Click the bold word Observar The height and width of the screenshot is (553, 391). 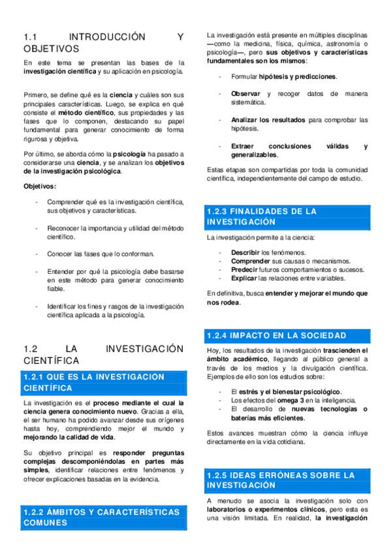click(246, 94)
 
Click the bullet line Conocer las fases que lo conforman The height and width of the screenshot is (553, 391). click(101, 254)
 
